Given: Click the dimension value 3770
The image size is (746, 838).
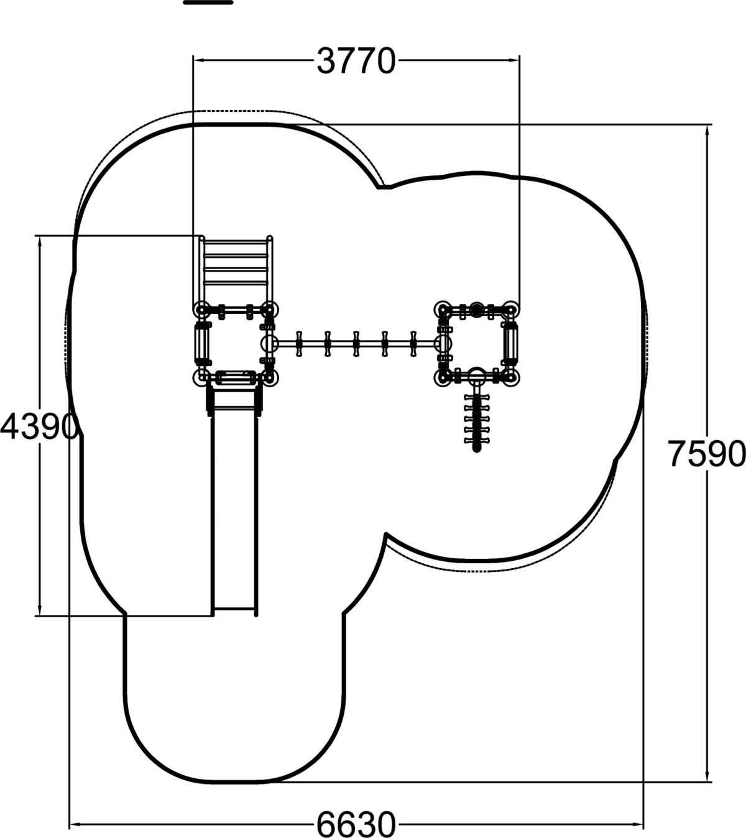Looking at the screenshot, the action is pos(356,61).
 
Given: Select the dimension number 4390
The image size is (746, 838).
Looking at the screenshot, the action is pos(39,426).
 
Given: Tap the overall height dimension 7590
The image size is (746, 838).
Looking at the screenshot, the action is pos(706,454).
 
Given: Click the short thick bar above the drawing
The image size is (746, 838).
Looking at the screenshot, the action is pos(208,2).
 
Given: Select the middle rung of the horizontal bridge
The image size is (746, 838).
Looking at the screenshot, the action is pos(356,343).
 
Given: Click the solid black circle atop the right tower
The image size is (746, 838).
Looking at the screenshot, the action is pos(477,310).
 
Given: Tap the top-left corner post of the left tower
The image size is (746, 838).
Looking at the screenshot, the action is pos(201,310).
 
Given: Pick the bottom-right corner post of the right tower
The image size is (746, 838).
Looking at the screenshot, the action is pos(511,377).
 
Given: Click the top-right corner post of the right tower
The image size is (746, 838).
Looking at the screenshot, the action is pos(511,310).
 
